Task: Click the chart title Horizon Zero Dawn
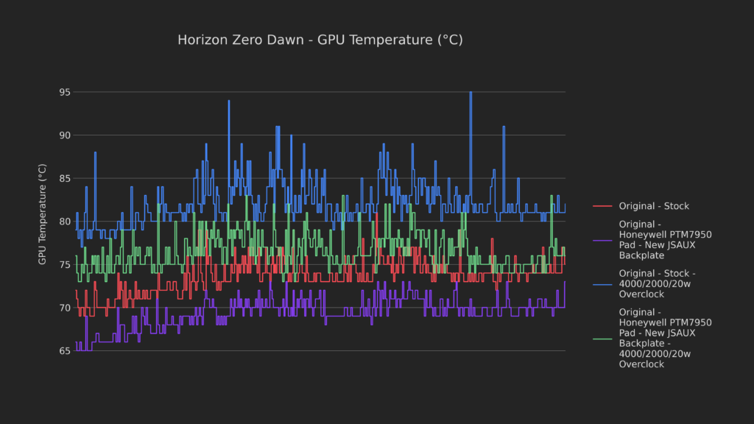coord(243,40)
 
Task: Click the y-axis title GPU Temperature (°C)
coord(43,214)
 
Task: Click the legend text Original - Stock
coord(654,206)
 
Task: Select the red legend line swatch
coord(602,206)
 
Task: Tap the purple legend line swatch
coord(602,240)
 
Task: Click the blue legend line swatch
coord(602,283)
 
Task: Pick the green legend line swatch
coord(602,339)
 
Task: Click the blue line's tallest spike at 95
coord(471,93)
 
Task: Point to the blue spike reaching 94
coord(229,101)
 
